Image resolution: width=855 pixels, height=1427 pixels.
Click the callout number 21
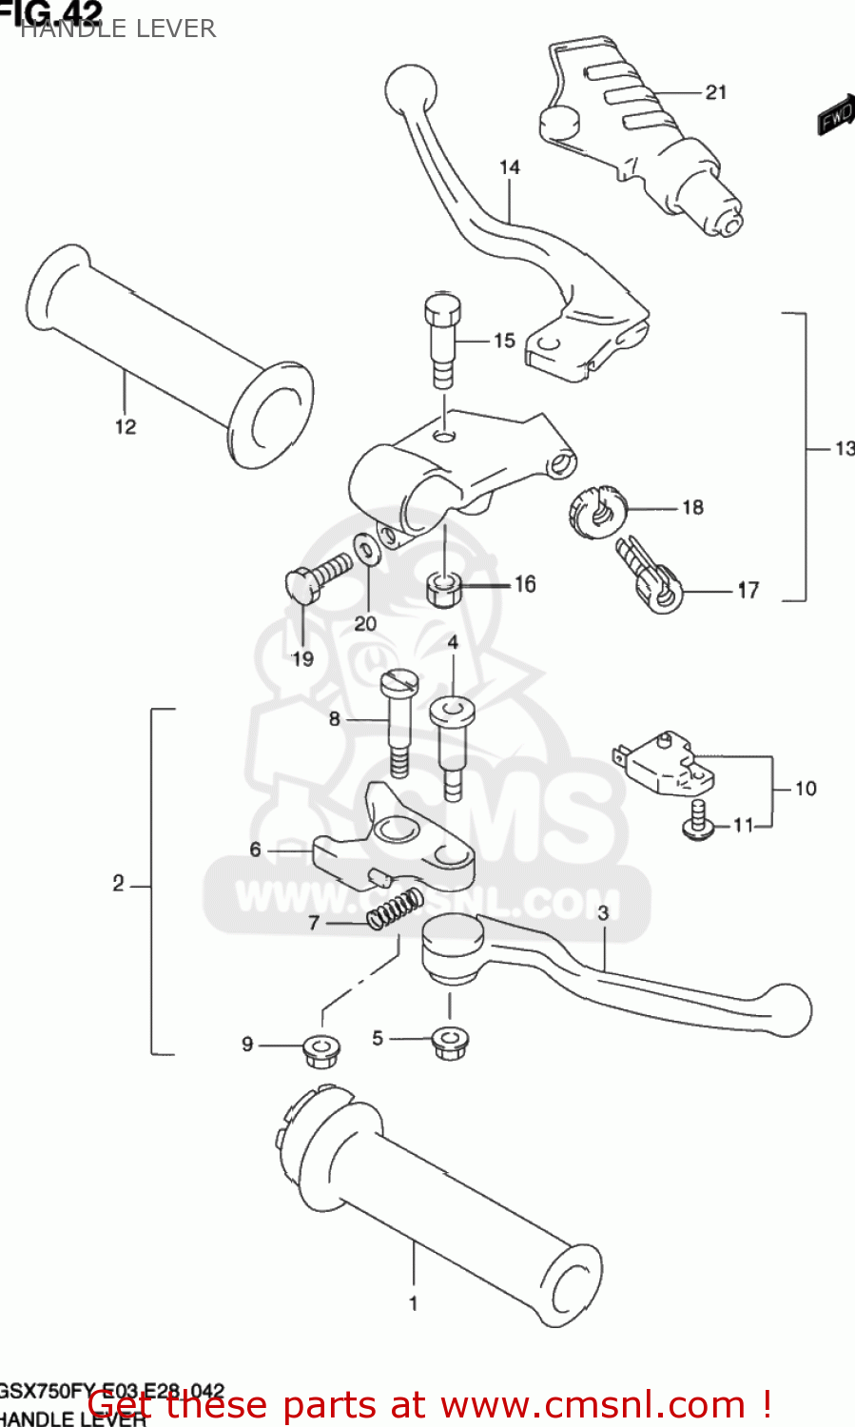pyautogui.click(x=716, y=92)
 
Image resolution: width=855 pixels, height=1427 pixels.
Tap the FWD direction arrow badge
pyautogui.click(x=837, y=115)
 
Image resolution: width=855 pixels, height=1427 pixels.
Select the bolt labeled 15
pyautogui.click(x=442, y=337)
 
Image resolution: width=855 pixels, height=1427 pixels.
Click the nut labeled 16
pyautogui.click(x=443, y=589)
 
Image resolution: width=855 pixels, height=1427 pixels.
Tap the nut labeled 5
pyautogui.click(x=449, y=1041)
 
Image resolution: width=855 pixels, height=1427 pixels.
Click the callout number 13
pyautogui.click(x=844, y=448)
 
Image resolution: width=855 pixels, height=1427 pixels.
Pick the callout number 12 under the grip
pyautogui.click(x=126, y=427)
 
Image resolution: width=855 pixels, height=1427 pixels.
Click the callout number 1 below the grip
pyautogui.click(x=413, y=1303)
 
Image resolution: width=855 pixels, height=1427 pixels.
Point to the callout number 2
pyautogui.click(x=118, y=884)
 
